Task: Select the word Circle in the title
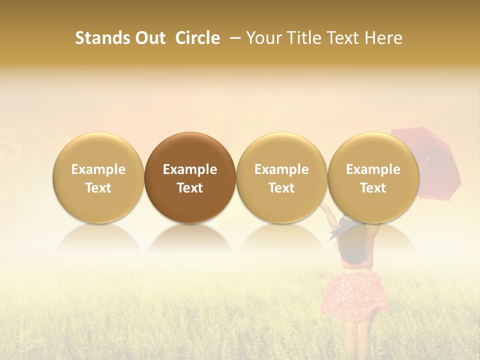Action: (x=197, y=38)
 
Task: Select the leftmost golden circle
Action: (x=98, y=178)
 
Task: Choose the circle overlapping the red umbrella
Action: (x=373, y=178)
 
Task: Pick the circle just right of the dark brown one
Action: (x=281, y=178)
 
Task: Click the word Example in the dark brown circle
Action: (x=190, y=169)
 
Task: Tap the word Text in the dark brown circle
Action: (x=190, y=188)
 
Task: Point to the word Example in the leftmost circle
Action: (x=98, y=169)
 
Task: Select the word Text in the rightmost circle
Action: (x=373, y=188)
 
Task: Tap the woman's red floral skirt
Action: (x=356, y=295)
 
